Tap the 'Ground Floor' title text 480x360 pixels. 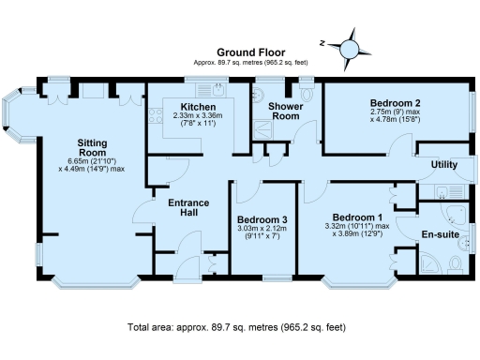(x=250, y=52)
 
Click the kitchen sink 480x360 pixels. (x=217, y=91)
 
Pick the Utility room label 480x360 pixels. (x=443, y=165)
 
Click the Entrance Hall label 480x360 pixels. (x=187, y=208)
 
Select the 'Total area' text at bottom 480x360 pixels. (x=236, y=327)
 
